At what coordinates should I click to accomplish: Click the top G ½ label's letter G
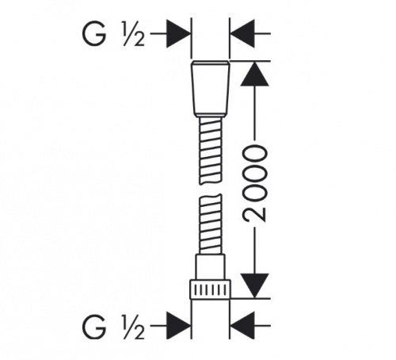click(x=94, y=34)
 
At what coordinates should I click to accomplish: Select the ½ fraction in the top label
click(x=134, y=34)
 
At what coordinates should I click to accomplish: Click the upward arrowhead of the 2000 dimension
click(x=254, y=74)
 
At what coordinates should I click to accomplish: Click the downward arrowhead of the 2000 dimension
click(x=254, y=285)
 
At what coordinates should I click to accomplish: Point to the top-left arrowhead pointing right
click(x=178, y=34)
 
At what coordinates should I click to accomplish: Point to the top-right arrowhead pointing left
click(x=242, y=34)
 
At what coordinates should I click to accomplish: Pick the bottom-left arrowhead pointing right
click(x=178, y=326)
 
